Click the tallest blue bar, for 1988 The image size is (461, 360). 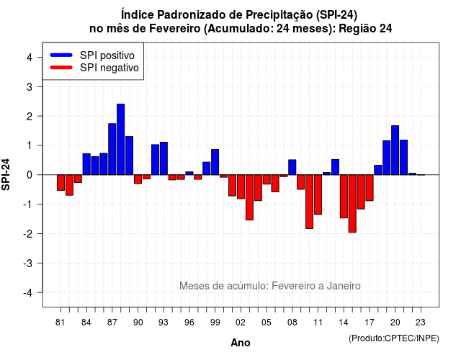[120, 139]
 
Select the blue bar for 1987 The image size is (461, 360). [112, 149]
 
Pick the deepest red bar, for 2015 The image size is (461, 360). [352, 203]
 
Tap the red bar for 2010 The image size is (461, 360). [309, 202]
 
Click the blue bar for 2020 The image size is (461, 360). [395, 150]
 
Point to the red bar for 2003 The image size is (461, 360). [249, 197]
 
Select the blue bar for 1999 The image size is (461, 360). [215, 162]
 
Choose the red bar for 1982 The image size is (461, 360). [69, 185]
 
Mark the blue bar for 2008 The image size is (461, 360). [292, 167]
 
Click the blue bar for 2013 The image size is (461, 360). [335, 167]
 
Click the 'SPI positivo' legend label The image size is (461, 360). [107, 55]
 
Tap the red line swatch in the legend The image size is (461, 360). [61, 67]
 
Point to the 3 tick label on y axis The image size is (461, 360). [29, 86]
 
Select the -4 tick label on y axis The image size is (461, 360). [28, 293]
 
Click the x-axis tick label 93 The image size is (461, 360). [164, 323]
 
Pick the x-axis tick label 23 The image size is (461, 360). [421, 323]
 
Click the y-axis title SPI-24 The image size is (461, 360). [6, 174]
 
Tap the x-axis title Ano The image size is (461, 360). [241, 343]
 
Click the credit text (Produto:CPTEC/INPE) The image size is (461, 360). [394, 338]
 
